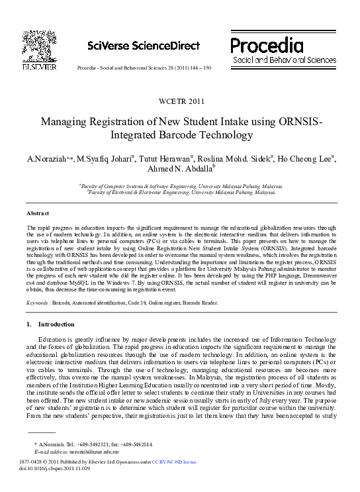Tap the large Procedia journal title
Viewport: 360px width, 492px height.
click(267, 44)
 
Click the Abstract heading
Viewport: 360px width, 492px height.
click(38, 214)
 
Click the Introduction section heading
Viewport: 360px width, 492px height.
click(56, 324)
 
